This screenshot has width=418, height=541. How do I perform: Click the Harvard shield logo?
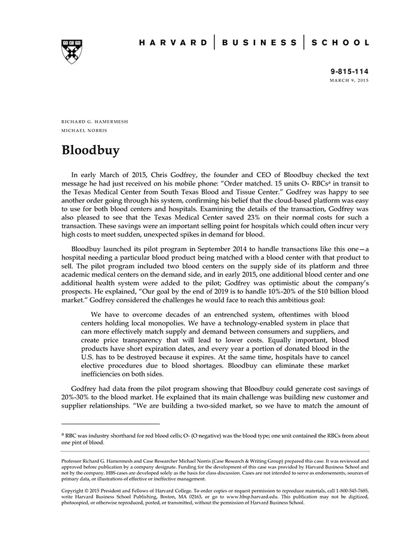[71, 52]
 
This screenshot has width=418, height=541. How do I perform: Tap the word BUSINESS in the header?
[260, 42]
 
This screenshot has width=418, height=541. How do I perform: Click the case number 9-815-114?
[349, 70]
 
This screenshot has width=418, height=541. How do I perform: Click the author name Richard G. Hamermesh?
[94, 121]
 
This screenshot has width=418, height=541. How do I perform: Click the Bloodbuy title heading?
[91, 150]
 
